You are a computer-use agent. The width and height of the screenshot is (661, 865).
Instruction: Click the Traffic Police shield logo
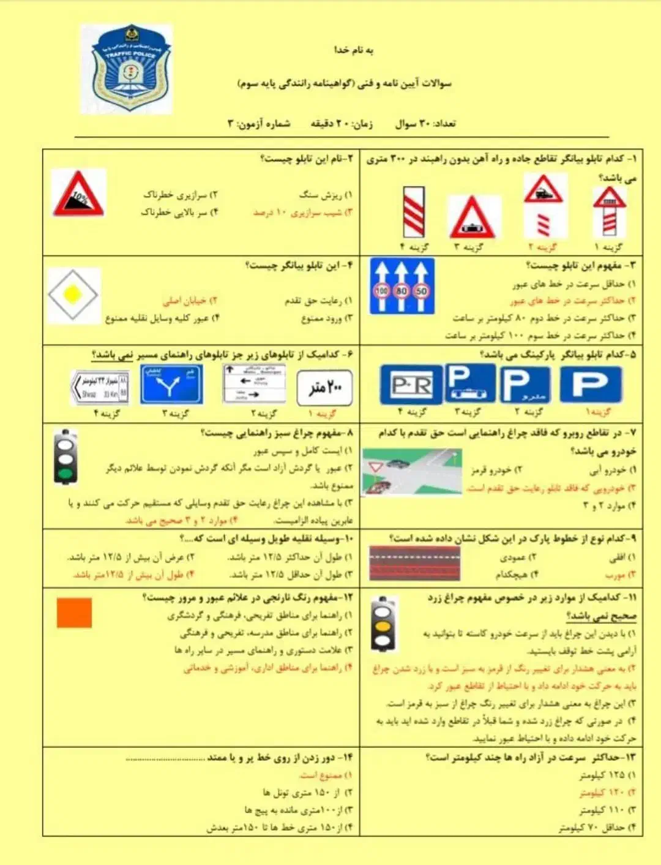click(x=127, y=69)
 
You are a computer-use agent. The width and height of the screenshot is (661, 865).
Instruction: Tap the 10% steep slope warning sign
click(x=78, y=194)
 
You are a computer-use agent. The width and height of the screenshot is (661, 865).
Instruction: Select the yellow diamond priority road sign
click(x=73, y=295)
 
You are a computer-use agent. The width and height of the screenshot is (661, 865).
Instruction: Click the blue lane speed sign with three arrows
click(x=401, y=285)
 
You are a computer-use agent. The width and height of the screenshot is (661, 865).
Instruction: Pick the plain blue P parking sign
click(x=591, y=384)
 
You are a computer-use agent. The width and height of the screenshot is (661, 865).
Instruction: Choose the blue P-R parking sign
click(x=411, y=385)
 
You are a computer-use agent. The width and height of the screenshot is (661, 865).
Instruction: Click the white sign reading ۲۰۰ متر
click(x=324, y=387)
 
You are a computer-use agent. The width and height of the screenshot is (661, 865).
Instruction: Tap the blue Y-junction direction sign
click(x=171, y=385)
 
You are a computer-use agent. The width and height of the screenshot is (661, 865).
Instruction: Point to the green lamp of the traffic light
click(x=65, y=473)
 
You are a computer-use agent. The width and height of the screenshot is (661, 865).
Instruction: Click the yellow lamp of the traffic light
click(x=383, y=626)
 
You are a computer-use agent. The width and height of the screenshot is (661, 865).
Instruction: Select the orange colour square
click(x=74, y=613)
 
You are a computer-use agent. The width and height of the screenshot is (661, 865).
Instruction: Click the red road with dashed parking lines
click(x=414, y=563)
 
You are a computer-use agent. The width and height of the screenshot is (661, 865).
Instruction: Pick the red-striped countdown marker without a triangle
click(x=414, y=212)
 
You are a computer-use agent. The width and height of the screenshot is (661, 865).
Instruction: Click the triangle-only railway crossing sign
click(x=472, y=217)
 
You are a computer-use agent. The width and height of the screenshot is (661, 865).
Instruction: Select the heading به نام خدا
click(x=353, y=50)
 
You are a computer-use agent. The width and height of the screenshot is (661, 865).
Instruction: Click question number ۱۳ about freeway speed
click(x=531, y=758)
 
